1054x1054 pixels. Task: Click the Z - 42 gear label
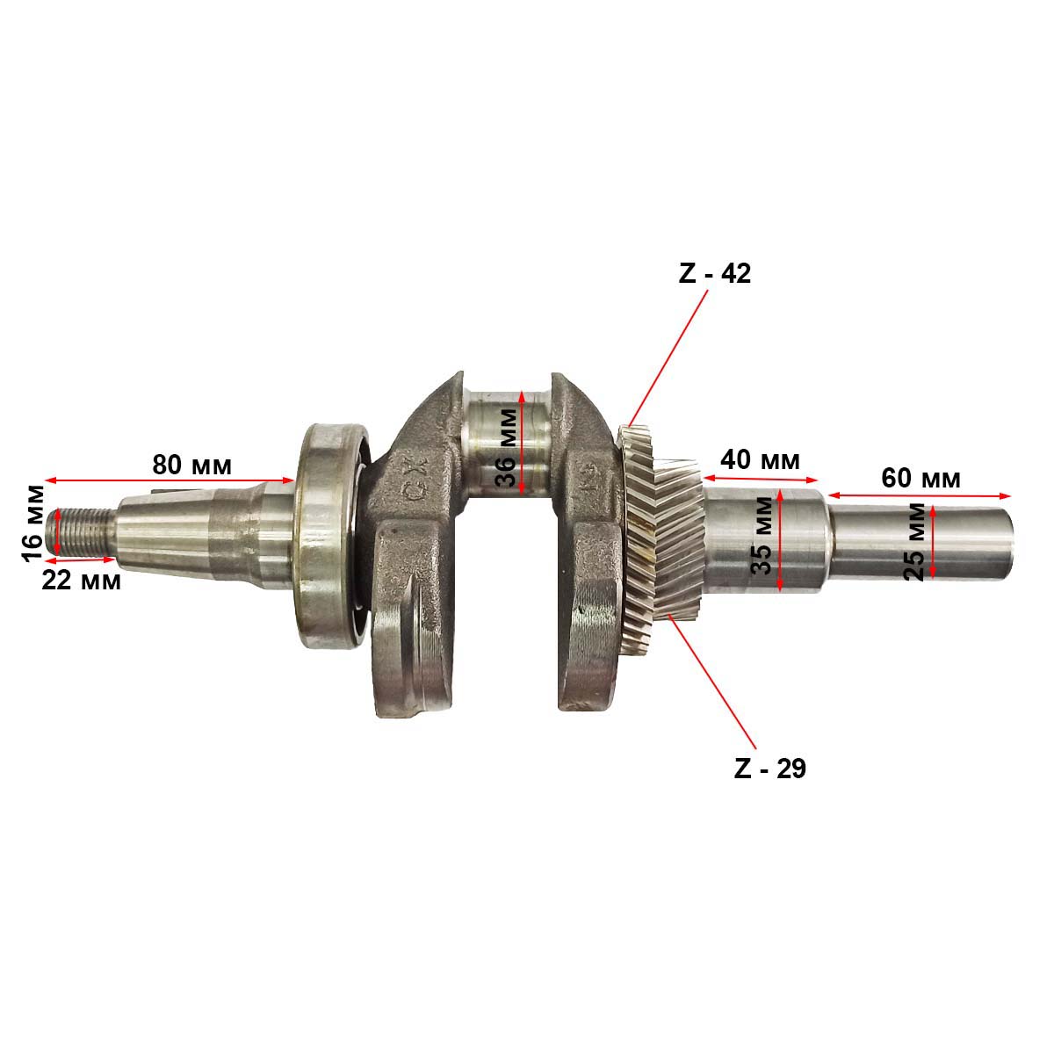pyautogui.click(x=714, y=273)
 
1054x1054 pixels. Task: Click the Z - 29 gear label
pyautogui.click(x=769, y=769)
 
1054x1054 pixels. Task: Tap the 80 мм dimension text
pyautogui.click(x=191, y=465)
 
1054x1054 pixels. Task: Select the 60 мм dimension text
pyautogui.click(x=920, y=479)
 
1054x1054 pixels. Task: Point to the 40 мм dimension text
pyautogui.click(x=760, y=460)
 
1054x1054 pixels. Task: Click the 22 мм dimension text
pyautogui.click(x=81, y=581)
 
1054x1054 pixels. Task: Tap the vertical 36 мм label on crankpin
pyautogui.click(x=506, y=448)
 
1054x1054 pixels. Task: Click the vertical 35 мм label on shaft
pyautogui.click(x=762, y=536)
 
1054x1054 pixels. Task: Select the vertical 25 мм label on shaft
pyautogui.click(x=914, y=542)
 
